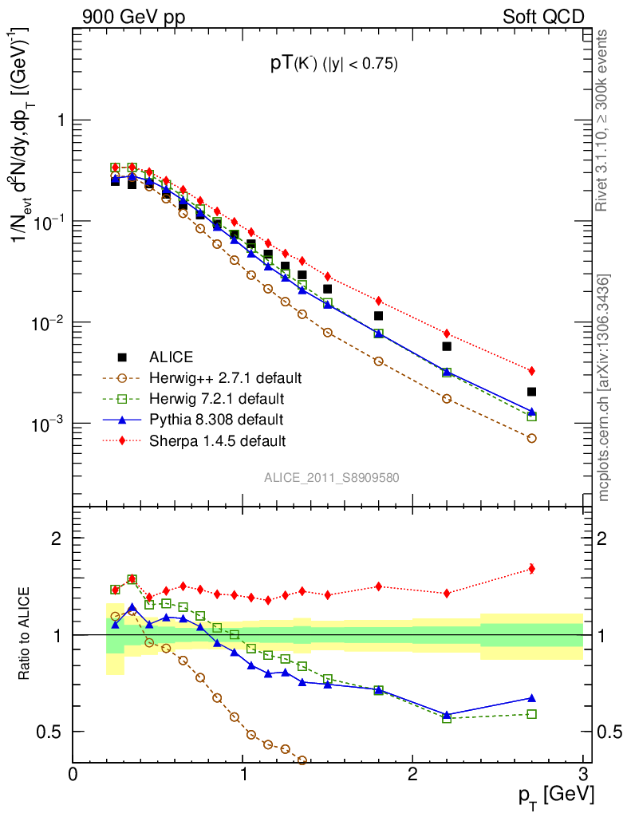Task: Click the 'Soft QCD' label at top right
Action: pos(543,17)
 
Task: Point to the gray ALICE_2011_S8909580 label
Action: pos(332,478)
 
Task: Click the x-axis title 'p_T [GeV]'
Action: pos(556,795)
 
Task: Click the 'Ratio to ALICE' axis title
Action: pos(26,634)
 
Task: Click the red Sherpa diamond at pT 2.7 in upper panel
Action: pos(531,371)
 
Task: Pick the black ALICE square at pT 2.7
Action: pos(531,392)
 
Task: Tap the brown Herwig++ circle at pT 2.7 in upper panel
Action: pos(531,438)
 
